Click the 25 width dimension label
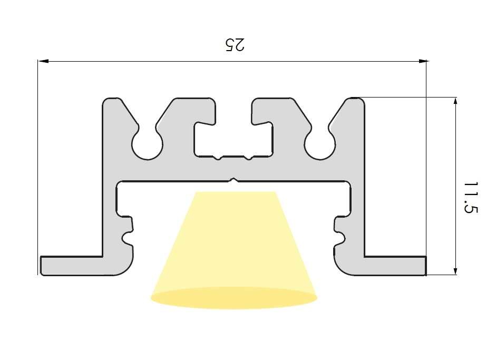click(235, 45)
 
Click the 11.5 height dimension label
click(470, 198)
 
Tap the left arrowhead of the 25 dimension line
click(43, 61)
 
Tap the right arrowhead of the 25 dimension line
click(423, 61)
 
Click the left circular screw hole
click(147, 145)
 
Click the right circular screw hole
click(320, 145)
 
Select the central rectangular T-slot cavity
click(234, 140)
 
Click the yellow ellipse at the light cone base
click(234, 298)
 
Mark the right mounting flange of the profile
click(395, 266)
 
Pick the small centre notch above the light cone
click(234, 180)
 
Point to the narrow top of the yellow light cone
click(236, 192)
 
